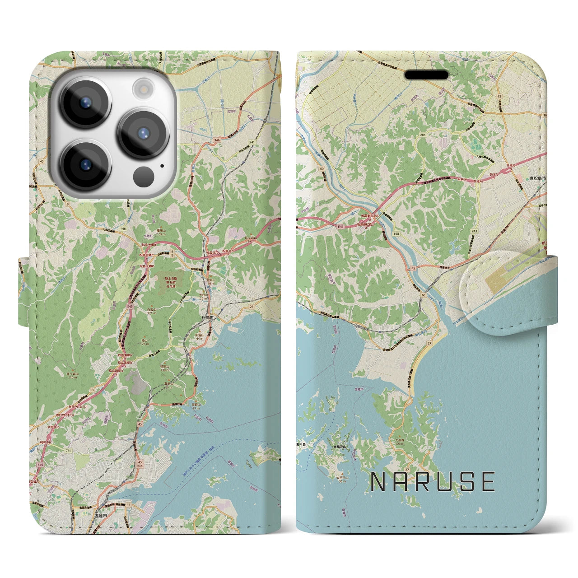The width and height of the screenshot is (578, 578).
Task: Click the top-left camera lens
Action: [x=85, y=102]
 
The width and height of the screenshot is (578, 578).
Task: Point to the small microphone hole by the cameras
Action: [x=162, y=165]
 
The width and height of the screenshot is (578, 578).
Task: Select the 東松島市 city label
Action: [x=537, y=179]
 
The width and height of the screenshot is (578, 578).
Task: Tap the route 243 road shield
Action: [x=474, y=231]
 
